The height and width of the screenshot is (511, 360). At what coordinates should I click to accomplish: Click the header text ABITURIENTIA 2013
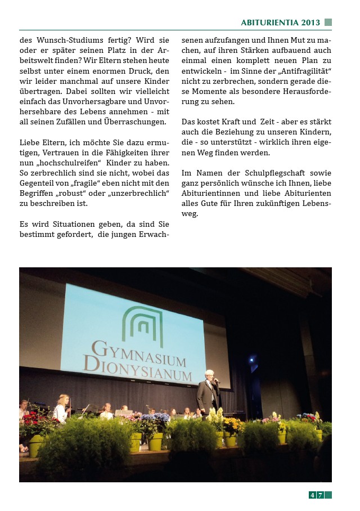pyautogui.click(x=280, y=23)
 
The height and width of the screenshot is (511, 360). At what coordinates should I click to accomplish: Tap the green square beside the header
pyautogui.click(x=328, y=23)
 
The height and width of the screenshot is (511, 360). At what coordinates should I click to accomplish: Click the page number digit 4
pyautogui.click(x=312, y=495)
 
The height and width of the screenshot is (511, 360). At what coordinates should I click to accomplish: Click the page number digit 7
pyautogui.click(x=320, y=495)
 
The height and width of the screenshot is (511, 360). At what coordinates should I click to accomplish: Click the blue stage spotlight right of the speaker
pyautogui.click(x=251, y=358)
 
